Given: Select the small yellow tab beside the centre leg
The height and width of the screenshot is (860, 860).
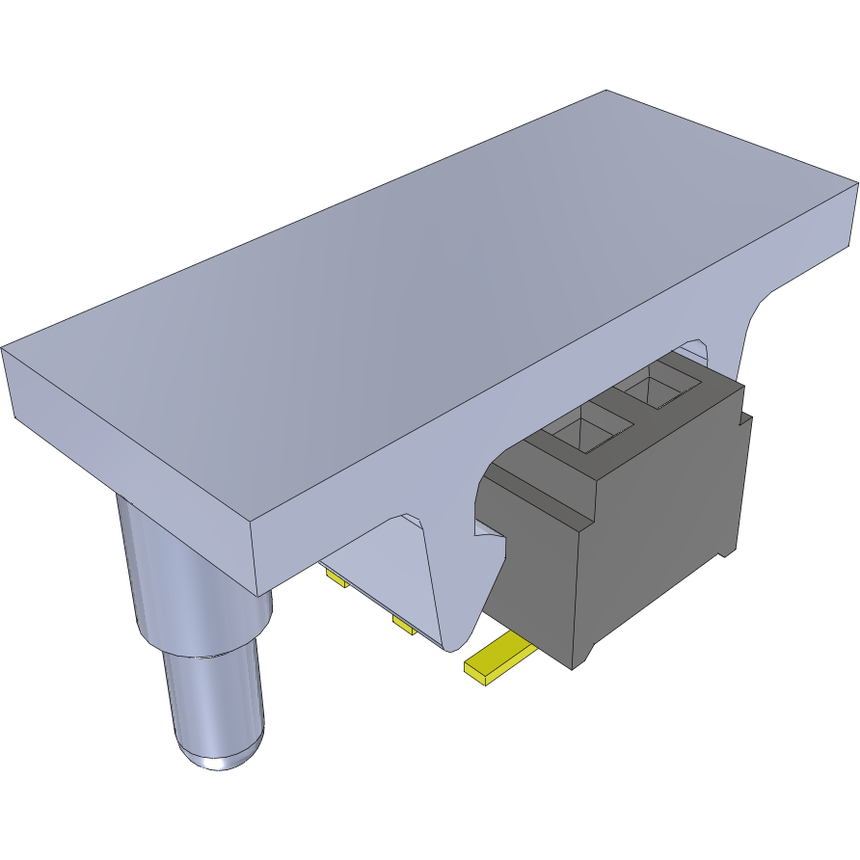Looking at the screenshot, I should coord(403,628).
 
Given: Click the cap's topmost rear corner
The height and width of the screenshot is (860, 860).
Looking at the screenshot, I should coord(606,91).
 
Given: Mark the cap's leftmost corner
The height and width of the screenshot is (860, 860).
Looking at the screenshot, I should coord(4,349).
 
